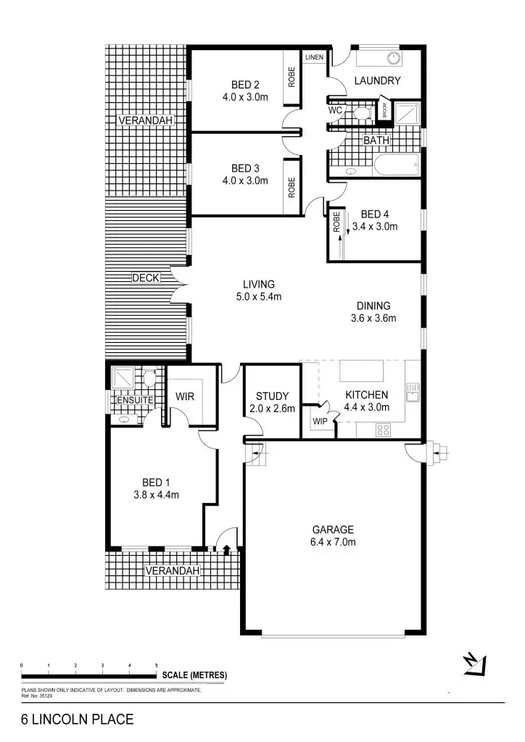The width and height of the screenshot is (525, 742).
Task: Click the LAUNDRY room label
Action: point(376,81)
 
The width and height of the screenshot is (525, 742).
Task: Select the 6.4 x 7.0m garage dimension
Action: point(334,541)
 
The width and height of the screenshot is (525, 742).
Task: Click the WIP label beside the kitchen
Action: point(320,421)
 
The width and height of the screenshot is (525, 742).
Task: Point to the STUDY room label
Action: point(273,396)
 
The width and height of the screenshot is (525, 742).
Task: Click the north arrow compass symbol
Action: point(474,664)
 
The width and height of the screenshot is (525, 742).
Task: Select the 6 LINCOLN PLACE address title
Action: point(77,720)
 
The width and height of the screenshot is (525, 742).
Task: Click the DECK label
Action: point(145,278)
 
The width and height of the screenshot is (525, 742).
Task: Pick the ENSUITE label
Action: point(134,400)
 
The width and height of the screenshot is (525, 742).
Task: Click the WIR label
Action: point(185,396)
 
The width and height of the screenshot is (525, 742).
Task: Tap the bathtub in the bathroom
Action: point(397,166)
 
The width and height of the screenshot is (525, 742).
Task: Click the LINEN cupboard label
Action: point(315,57)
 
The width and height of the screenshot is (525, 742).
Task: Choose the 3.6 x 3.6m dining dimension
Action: point(373,318)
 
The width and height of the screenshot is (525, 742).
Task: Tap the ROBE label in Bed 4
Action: point(337,222)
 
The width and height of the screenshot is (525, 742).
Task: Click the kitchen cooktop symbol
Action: point(384,430)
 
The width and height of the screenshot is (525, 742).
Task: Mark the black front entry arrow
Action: point(228,549)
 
